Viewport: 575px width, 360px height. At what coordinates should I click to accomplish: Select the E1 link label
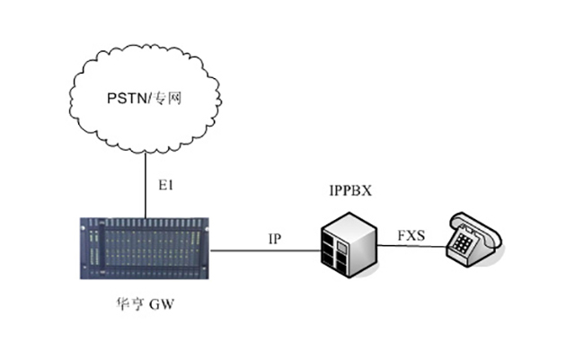[x=165, y=187]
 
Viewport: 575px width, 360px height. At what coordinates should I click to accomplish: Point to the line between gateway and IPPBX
[x=270, y=250]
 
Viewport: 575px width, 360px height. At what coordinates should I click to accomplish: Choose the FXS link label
[x=414, y=236]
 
